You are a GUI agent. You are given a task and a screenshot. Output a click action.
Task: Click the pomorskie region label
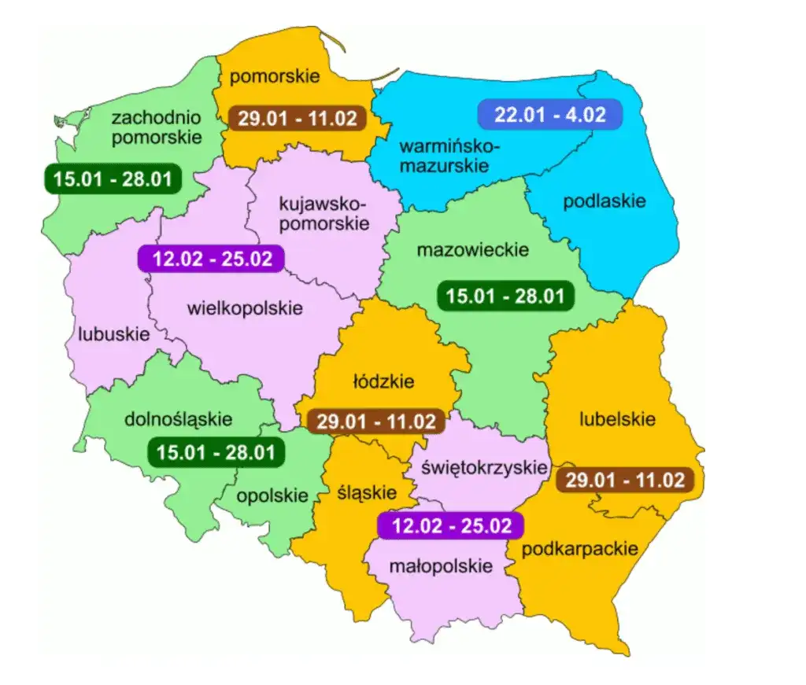[x=275, y=76]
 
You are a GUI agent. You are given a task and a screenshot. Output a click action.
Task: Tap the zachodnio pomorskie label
[x=156, y=127]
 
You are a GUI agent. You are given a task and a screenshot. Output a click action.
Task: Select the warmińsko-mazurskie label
[x=449, y=156]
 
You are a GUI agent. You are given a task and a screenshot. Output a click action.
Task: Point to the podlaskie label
[x=604, y=201]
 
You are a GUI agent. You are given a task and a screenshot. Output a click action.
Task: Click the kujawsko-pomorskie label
[x=324, y=213]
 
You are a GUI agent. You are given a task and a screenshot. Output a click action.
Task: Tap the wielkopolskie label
[x=245, y=308]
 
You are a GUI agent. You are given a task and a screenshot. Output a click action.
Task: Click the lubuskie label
[x=113, y=333]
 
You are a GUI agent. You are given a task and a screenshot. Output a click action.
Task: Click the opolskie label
[x=272, y=495]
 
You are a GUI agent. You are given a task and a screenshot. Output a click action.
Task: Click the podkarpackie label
[x=579, y=548]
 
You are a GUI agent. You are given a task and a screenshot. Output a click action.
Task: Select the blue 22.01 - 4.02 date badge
[x=550, y=115]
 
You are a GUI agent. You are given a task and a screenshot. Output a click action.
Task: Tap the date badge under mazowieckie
[x=505, y=296]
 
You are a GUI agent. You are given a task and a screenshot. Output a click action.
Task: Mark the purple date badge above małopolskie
[x=449, y=525]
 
